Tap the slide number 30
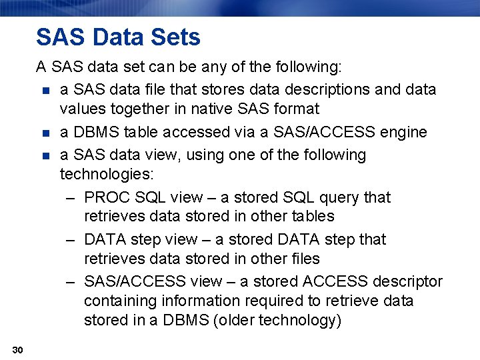pyautogui.click(x=17, y=350)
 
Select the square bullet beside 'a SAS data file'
pyautogui.click(x=45, y=90)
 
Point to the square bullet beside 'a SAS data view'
pyautogui.click(x=45, y=155)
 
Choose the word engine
pyautogui.click(x=403, y=133)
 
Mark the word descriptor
pyautogui.click(x=406, y=281)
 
